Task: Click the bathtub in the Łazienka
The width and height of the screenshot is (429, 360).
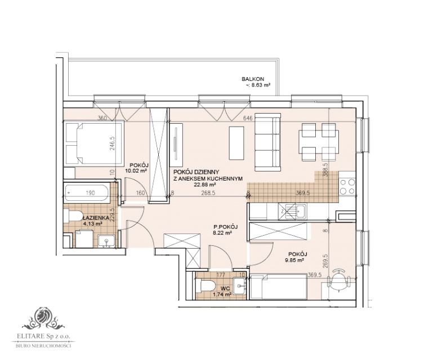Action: tap(90, 192)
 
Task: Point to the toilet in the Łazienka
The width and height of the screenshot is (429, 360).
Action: tap(72, 216)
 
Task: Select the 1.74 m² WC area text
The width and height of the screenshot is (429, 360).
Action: tap(219, 294)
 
